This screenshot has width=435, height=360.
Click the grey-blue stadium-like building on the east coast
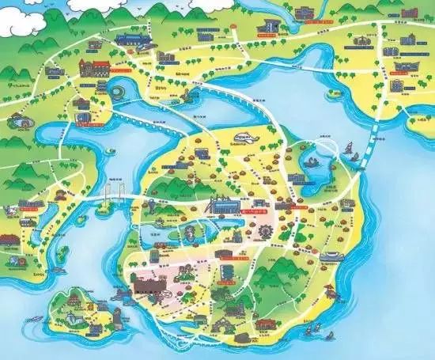(x=331, y=256)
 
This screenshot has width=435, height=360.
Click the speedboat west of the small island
(x=35, y=318)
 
